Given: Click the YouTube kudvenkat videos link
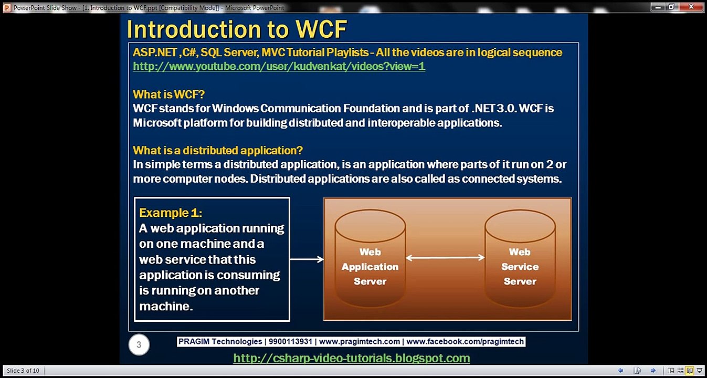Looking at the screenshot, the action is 279,66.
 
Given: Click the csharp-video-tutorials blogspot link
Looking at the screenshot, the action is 352,358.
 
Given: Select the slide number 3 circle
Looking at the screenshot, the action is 139,344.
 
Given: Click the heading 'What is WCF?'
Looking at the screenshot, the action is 169,94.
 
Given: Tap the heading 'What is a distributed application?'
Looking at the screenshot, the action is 218,150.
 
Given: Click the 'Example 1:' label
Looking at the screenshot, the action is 171,213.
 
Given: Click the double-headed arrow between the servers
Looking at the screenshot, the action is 445,258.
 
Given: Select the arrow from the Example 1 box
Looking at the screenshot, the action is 307,259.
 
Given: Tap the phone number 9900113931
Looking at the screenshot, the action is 290,342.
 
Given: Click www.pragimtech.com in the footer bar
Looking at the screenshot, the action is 360,342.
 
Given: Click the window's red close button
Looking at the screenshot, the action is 691,7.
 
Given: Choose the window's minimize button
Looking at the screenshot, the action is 658,7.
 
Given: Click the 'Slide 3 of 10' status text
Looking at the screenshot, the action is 23,371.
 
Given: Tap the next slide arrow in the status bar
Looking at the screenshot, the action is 653,371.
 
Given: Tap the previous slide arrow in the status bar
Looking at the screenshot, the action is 620,371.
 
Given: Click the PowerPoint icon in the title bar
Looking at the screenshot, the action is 7,7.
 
